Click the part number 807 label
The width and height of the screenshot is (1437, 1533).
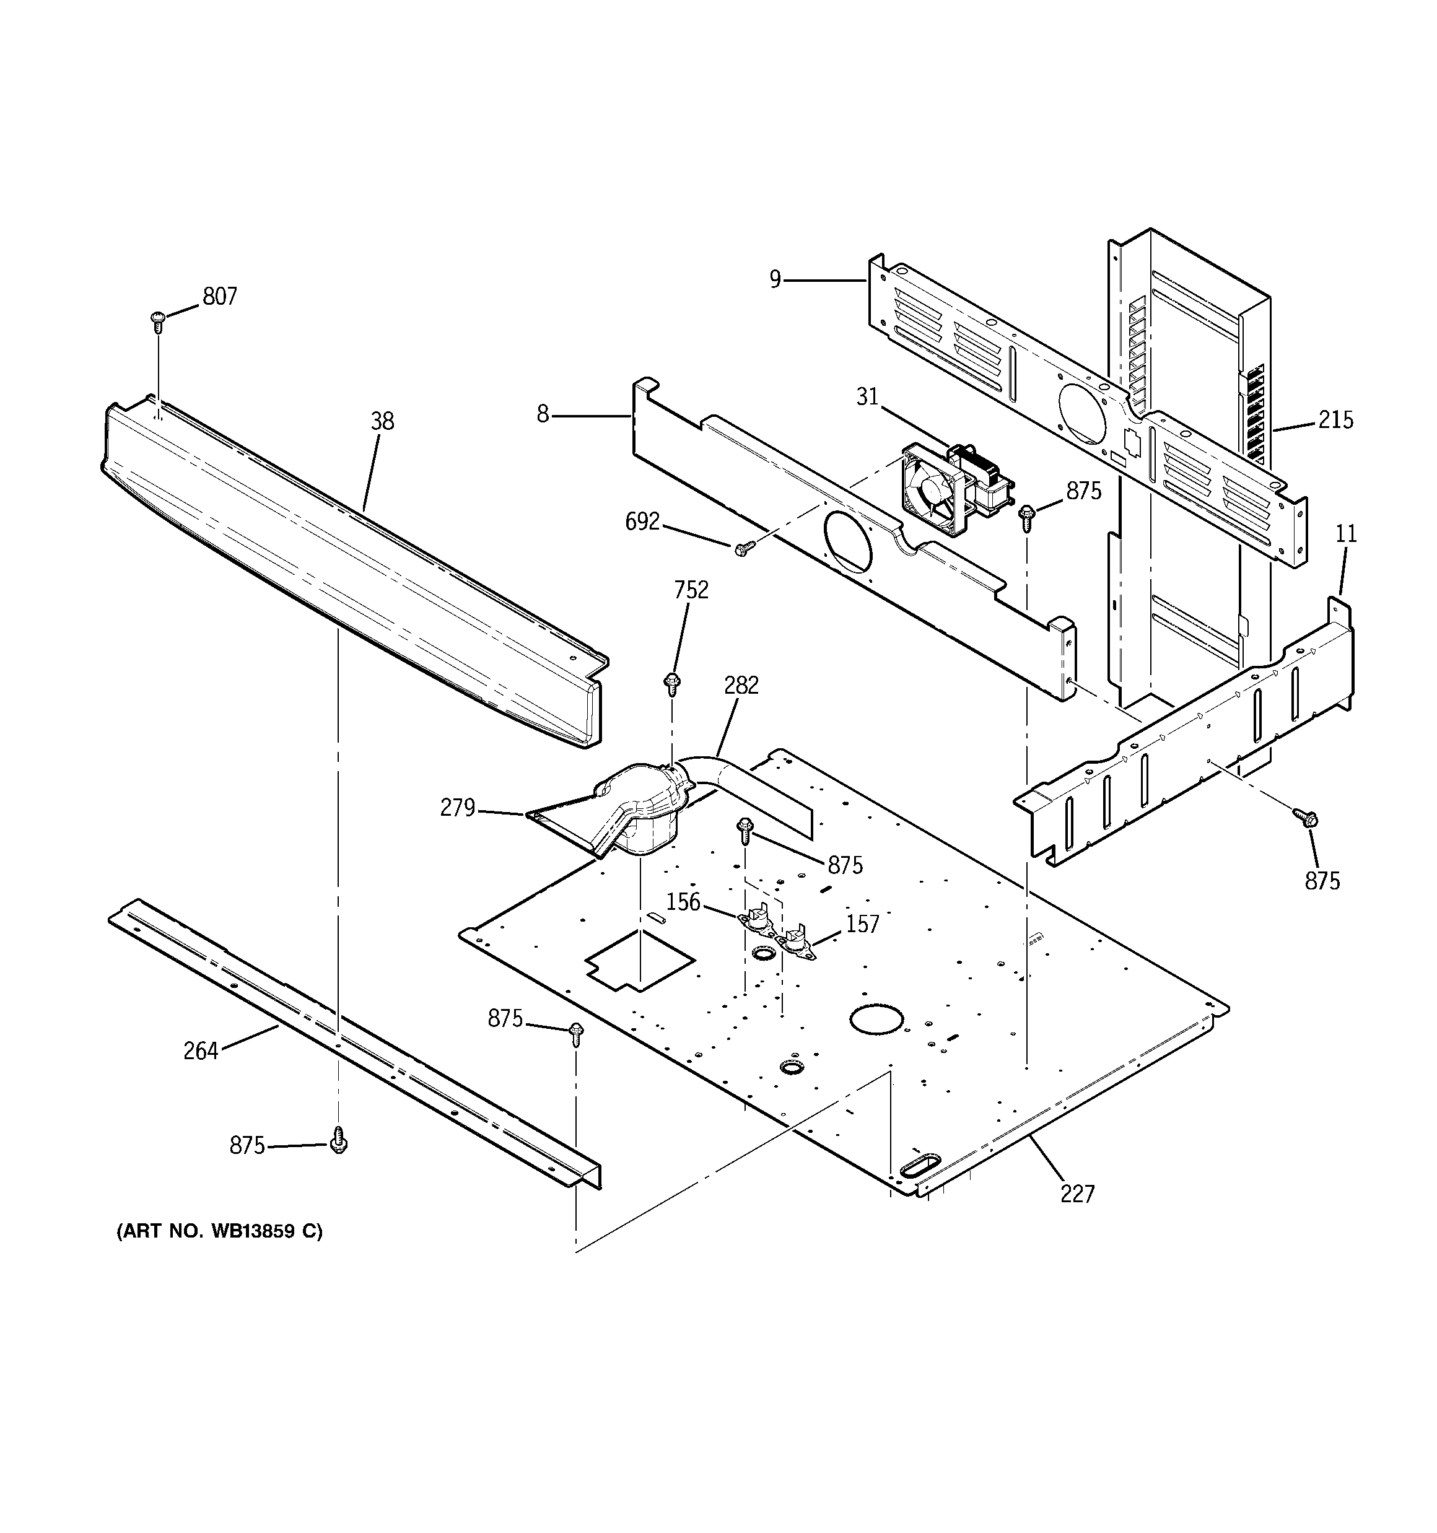tap(220, 297)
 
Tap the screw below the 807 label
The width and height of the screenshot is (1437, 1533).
tap(158, 320)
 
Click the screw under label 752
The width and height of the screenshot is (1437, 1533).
tap(672, 683)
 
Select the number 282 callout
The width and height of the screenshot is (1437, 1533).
tap(741, 685)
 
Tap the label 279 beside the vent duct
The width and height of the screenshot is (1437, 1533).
tap(457, 808)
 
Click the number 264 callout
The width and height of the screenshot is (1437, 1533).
tap(201, 1051)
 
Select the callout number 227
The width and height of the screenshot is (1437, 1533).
tap(1077, 1194)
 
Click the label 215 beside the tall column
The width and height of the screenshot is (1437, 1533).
tap(1335, 421)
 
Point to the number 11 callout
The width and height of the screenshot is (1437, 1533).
tap(1346, 534)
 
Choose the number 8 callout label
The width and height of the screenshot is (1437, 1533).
tap(543, 415)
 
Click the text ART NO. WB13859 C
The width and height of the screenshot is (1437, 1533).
tap(219, 1231)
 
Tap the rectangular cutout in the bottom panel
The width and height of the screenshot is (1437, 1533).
tap(640, 961)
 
